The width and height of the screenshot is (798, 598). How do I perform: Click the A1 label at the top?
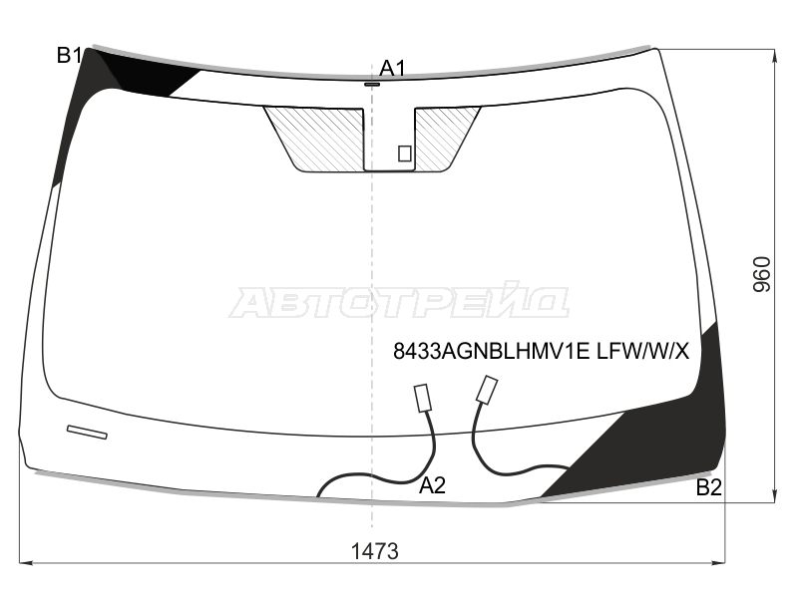[392, 68]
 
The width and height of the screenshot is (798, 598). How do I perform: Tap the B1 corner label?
[69, 55]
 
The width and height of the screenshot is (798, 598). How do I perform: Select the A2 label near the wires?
[432, 485]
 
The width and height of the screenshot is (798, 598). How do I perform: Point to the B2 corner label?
[708, 487]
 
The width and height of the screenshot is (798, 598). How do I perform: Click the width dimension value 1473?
[375, 551]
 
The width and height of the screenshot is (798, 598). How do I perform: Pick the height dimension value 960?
[761, 275]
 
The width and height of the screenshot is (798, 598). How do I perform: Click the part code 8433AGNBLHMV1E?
[491, 351]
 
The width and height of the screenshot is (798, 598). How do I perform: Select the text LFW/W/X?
[642, 351]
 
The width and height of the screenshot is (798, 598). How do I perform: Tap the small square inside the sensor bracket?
[405, 153]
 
